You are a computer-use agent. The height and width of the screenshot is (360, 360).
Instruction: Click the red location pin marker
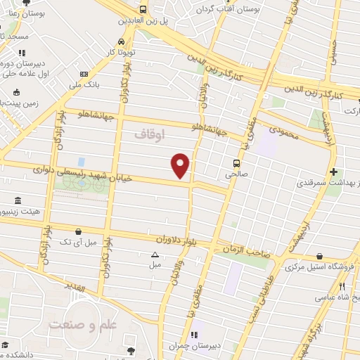pyautogui.click(x=181, y=165)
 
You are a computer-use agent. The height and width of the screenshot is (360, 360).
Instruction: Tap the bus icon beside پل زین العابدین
pyautogui.click(x=143, y=10)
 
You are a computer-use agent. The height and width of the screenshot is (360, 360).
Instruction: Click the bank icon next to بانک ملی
pyautogui.click(x=84, y=74)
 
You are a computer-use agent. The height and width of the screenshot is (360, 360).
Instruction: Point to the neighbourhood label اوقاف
pyautogui.click(x=148, y=133)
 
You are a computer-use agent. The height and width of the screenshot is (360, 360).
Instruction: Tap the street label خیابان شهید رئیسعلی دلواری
pyautogui.click(x=73, y=172)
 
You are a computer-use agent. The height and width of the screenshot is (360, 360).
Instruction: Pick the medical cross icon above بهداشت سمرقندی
pyautogui.click(x=334, y=172)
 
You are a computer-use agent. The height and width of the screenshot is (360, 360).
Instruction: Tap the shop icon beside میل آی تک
pyautogui.click(x=79, y=230)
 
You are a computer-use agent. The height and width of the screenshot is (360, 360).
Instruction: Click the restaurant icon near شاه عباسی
pyautogui.click(x=342, y=287)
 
